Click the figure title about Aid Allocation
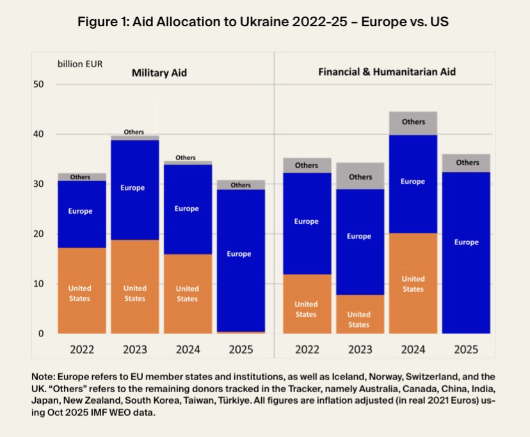[263, 22]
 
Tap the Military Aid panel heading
[159, 73]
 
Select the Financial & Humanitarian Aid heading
[387, 72]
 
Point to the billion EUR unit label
[80, 64]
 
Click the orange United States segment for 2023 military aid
[134, 287]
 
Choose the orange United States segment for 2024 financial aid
[413, 283]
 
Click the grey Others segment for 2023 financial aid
[360, 176]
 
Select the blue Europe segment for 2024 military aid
[186, 209]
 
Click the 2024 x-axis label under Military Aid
[187, 350]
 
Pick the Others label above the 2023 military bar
[134, 132]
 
